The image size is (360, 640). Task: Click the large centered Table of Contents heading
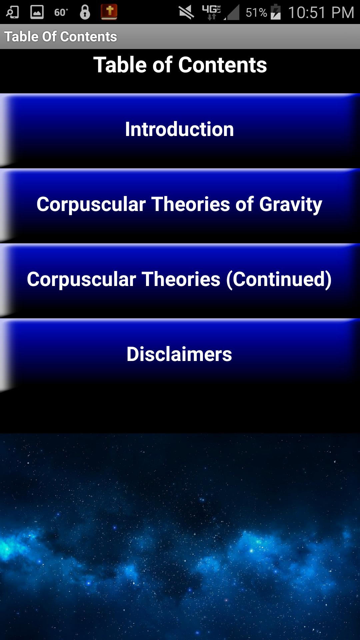coord(180,65)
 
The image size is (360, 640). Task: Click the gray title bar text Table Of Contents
coord(61,37)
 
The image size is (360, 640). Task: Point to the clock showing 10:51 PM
coord(321,13)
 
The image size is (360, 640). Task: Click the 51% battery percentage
coord(256,13)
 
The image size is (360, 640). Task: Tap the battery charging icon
coord(276,12)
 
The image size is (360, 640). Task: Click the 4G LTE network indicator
coord(211,12)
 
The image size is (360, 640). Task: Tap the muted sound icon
coord(186,12)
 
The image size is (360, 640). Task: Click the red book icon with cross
coord(109,12)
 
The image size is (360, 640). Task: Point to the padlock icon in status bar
coord(85,12)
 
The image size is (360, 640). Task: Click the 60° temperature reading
coord(61,13)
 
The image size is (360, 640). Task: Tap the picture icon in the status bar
coord(37,12)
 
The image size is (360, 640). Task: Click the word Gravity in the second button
coord(291,204)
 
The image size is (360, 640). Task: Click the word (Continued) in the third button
coord(279,279)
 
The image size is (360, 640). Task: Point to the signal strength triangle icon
coord(232,13)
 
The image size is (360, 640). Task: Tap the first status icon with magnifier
coord(12,12)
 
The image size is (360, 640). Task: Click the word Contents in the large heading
coord(223,65)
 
